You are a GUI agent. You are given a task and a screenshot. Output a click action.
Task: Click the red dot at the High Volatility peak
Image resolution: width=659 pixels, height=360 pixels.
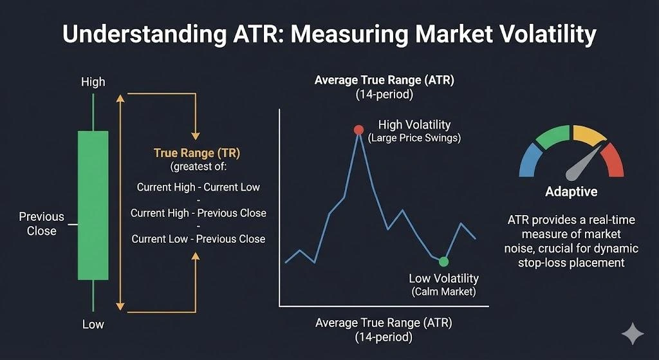[358, 129]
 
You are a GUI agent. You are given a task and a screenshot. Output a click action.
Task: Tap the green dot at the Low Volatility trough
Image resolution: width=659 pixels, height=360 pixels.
[443, 261]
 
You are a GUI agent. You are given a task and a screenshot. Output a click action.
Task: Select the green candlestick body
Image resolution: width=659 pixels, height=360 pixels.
[93, 205]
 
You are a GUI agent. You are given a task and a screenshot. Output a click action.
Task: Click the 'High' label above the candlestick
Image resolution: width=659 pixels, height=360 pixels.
[93, 82]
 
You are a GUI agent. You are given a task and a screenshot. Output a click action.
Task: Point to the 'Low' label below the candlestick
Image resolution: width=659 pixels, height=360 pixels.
[93, 324]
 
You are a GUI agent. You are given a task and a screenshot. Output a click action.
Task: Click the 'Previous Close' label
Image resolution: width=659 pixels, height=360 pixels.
[41, 223]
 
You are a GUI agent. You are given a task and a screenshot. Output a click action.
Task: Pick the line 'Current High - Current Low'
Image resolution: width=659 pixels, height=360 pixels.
[198, 187]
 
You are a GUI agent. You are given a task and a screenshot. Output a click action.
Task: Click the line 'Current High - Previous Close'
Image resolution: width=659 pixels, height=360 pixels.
[198, 213]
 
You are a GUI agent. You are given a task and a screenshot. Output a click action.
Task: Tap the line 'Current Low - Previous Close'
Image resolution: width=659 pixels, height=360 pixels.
[198, 238]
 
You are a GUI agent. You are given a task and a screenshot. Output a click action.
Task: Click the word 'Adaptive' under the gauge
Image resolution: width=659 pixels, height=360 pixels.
[571, 191]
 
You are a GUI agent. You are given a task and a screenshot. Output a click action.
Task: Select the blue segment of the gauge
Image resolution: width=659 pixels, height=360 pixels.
[530, 160]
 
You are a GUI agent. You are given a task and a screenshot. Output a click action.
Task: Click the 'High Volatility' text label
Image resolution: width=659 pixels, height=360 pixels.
[414, 125]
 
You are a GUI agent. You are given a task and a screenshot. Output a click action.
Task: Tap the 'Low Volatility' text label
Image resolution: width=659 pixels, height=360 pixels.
[443, 278]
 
